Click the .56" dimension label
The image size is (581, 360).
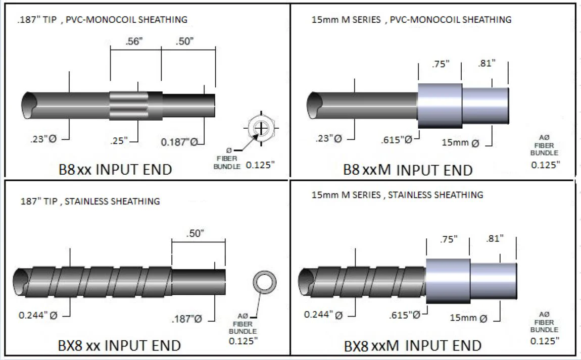pos(134,41)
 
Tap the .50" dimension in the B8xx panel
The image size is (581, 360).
pos(184,41)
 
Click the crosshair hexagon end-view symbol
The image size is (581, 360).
pos(261,128)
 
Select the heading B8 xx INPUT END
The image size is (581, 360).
pos(115,169)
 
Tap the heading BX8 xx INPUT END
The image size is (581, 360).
pos(119,345)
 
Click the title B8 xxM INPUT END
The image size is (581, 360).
pos(408,170)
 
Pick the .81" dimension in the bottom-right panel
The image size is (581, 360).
pos(494,238)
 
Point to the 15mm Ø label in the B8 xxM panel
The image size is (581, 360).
pos(460,143)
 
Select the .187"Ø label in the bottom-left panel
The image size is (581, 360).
pos(187,319)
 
